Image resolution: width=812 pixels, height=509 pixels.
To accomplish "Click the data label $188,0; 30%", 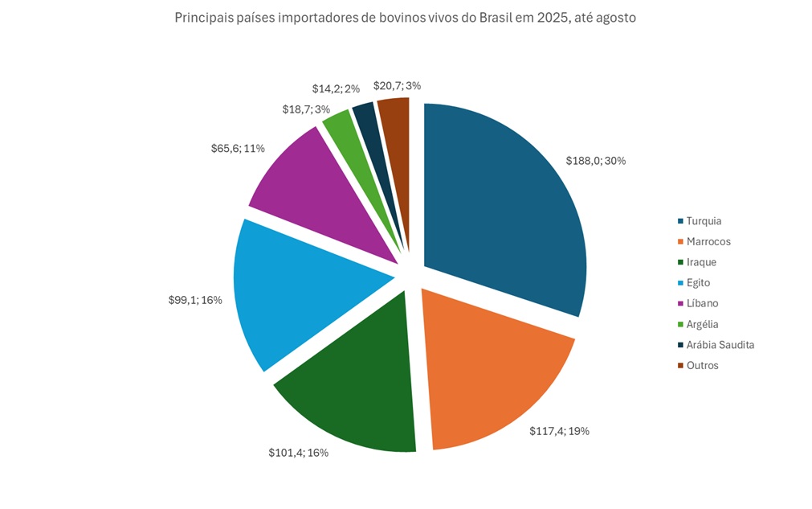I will [x=596, y=160].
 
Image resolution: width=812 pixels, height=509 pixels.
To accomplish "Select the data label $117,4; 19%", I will [x=559, y=431].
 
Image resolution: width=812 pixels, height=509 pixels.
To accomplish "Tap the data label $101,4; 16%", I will [x=298, y=453].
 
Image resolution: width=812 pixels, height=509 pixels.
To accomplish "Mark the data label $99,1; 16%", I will [x=190, y=300].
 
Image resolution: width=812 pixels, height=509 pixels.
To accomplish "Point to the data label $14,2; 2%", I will [x=335, y=89].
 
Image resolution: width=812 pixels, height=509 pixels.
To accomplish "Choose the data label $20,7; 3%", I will [x=397, y=85].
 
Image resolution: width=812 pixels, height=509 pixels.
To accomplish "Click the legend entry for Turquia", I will [x=704, y=221].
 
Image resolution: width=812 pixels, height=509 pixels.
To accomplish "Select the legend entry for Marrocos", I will [x=708, y=241].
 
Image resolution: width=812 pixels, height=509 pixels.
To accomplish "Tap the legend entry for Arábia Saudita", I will [x=720, y=345].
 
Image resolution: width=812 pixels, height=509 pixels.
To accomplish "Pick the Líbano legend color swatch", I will [x=680, y=304].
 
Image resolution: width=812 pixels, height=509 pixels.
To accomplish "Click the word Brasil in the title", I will [x=498, y=18].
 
